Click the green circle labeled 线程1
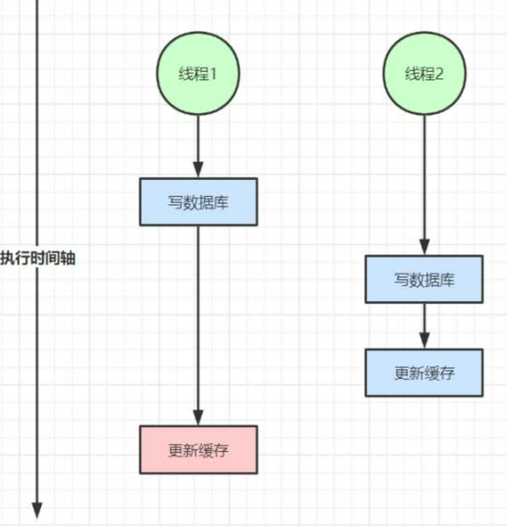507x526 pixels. click(x=198, y=74)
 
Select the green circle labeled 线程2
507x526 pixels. click(x=424, y=74)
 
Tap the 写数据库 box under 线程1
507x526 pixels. click(x=198, y=202)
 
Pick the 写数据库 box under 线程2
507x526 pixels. click(x=424, y=279)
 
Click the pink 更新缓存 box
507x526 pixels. click(x=198, y=449)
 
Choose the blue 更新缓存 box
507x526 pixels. click(x=424, y=373)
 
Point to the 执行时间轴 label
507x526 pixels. click(x=38, y=259)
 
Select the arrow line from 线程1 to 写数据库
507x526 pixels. click(x=198, y=141)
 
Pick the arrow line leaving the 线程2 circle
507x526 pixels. click(x=424, y=178)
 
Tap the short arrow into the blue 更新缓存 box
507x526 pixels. click(x=424, y=322)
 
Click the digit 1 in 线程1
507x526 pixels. click(x=214, y=74)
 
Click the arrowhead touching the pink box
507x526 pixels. click(x=198, y=419)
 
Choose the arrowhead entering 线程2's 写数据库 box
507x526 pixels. click(x=424, y=248)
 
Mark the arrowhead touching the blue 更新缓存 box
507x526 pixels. click(x=424, y=342)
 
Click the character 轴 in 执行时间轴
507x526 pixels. click(x=68, y=259)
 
